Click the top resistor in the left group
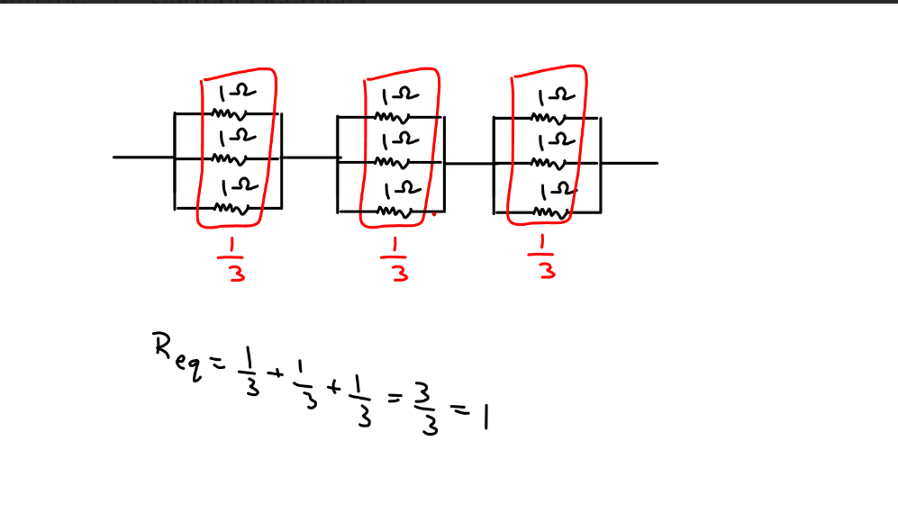tap(230, 114)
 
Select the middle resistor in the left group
tap(230, 159)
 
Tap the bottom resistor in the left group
tap(231, 209)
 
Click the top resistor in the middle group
tap(393, 117)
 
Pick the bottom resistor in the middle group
tap(395, 212)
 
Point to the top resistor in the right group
tap(549, 119)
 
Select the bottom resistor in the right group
tap(551, 213)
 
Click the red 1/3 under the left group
tap(232, 259)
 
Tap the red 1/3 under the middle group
tap(395, 260)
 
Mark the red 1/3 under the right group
tap(542, 256)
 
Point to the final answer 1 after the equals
tap(485, 417)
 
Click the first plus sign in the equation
tap(276, 373)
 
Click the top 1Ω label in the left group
tap(238, 94)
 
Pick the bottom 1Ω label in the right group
tap(557, 191)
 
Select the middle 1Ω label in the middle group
tap(400, 140)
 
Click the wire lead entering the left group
tap(144, 157)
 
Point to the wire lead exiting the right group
tap(630, 163)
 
